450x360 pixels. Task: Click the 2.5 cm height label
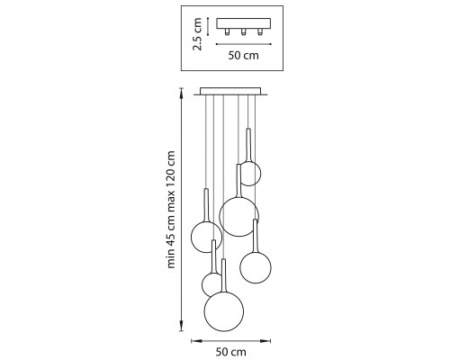point(197,34)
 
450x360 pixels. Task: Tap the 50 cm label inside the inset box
point(243,56)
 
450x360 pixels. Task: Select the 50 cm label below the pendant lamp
point(230,352)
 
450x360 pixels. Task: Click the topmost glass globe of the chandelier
point(250,174)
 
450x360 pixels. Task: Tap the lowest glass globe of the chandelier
point(224,311)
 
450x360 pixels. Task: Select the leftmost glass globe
point(206,237)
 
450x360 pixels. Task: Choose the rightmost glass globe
point(256,267)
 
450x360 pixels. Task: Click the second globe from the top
point(239,216)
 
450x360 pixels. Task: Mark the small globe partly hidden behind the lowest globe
point(211,284)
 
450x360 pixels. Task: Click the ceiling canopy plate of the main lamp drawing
point(230,91)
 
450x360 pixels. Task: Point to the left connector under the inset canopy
point(227,31)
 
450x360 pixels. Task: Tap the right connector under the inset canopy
point(260,31)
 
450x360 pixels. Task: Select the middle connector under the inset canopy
point(243,31)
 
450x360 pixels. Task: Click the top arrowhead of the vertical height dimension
point(181,92)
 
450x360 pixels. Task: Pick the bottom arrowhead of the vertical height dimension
point(181,327)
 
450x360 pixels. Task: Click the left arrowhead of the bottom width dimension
point(196,340)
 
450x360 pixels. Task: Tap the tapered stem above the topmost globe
point(248,145)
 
